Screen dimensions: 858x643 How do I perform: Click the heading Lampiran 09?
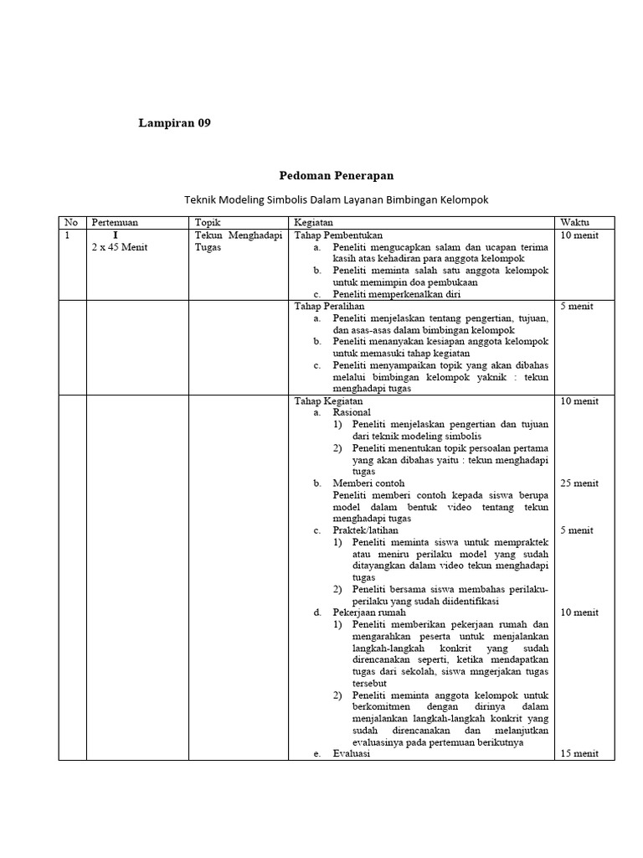(x=174, y=123)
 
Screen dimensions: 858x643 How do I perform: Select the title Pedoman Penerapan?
(x=336, y=175)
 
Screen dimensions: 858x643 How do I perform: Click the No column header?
(x=71, y=223)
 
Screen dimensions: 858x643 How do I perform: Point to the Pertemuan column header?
(x=115, y=223)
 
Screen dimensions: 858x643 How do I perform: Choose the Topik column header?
(x=207, y=223)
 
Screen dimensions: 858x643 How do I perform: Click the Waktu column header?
(x=574, y=223)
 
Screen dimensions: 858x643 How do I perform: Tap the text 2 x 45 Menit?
(x=119, y=247)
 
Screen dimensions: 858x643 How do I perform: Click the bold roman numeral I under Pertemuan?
(x=116, y=235)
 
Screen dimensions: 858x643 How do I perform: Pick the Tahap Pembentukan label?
(x=338, y=235)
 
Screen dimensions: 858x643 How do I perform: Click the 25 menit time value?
(x=579, y=483)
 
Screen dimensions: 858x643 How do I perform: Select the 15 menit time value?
(x=579, y=753)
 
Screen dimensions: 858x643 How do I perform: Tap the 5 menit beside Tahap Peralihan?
(x=577, y=307)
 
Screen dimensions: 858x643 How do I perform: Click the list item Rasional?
(x=352, y=413)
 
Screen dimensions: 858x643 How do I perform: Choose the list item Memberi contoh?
(x=368, y=483)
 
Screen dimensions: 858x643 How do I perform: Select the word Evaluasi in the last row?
(x=352, y=753)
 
